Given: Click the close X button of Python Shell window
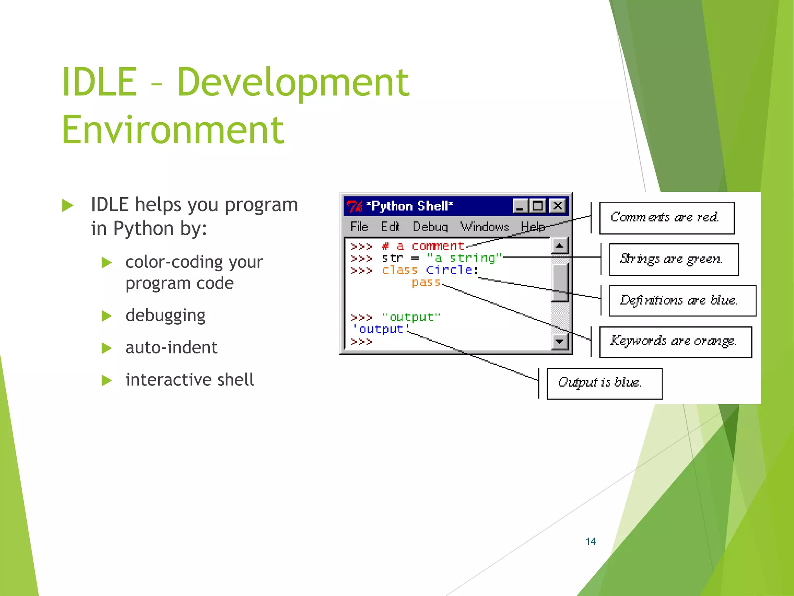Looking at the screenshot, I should point(558,206).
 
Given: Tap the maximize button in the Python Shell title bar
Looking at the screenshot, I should point(538,206).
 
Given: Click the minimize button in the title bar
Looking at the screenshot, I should point(520,206).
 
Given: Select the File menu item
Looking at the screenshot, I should point(359,227).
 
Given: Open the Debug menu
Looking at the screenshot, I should point(430,227).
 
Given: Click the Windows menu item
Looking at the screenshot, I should point(484,227).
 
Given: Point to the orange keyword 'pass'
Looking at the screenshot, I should point(426,282).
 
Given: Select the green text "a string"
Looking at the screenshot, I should point(464,258).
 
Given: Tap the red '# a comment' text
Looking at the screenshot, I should point(423,246).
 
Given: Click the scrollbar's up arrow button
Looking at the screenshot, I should point(559,246).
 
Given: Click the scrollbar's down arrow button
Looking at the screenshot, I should point(559,341).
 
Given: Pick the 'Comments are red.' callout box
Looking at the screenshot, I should point(666,218).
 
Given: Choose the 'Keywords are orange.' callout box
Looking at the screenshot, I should point(675,342).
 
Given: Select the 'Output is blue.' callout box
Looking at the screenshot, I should point(604,383).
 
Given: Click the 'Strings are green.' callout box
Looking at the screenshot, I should point(673,260).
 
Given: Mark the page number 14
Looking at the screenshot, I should point(590,541).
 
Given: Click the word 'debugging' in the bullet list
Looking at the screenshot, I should point(165,315).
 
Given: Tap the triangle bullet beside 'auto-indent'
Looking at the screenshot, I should point(107,348).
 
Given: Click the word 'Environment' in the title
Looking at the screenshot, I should point(173,130).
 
